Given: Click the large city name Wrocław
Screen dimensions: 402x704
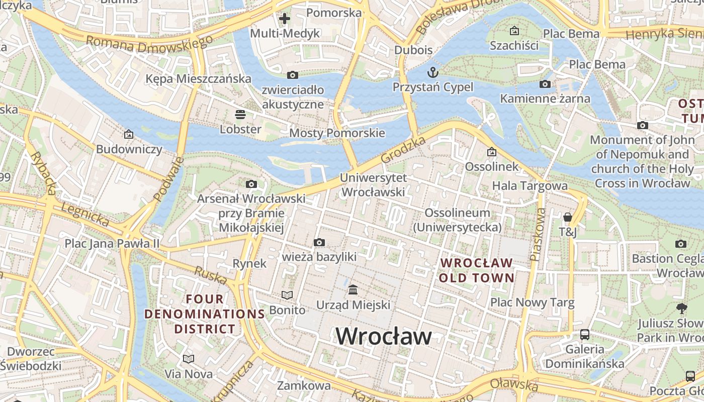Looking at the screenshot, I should [383, 336].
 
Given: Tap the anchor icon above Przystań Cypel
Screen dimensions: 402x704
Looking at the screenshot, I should [432, 72].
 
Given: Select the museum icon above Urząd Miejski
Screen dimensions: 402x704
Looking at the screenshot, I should [353, 290].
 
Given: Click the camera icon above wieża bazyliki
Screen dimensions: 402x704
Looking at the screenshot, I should [319, 243].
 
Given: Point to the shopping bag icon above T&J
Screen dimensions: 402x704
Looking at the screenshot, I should [568, 217].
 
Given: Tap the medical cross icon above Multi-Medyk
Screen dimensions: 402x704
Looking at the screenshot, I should [285, 19].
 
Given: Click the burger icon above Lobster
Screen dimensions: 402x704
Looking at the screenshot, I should [240, 114].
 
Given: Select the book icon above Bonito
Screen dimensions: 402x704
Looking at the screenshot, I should [287, 295].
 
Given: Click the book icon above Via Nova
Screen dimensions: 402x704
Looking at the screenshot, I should [189, 359].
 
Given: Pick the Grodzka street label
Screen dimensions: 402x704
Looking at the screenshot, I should [403, 149].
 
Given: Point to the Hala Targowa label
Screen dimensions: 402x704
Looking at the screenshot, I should [530, 186].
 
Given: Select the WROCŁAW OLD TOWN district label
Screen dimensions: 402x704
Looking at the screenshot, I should [476, 270].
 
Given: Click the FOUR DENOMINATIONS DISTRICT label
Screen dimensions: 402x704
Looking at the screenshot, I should [205, 314].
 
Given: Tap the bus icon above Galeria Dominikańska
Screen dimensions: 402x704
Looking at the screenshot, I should [585, 334].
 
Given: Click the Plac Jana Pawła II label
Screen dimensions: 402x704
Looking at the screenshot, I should [112, 244].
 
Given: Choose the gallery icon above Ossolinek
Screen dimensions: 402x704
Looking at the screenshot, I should [492, 152].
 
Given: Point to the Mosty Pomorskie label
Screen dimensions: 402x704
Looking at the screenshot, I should [337, 133].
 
